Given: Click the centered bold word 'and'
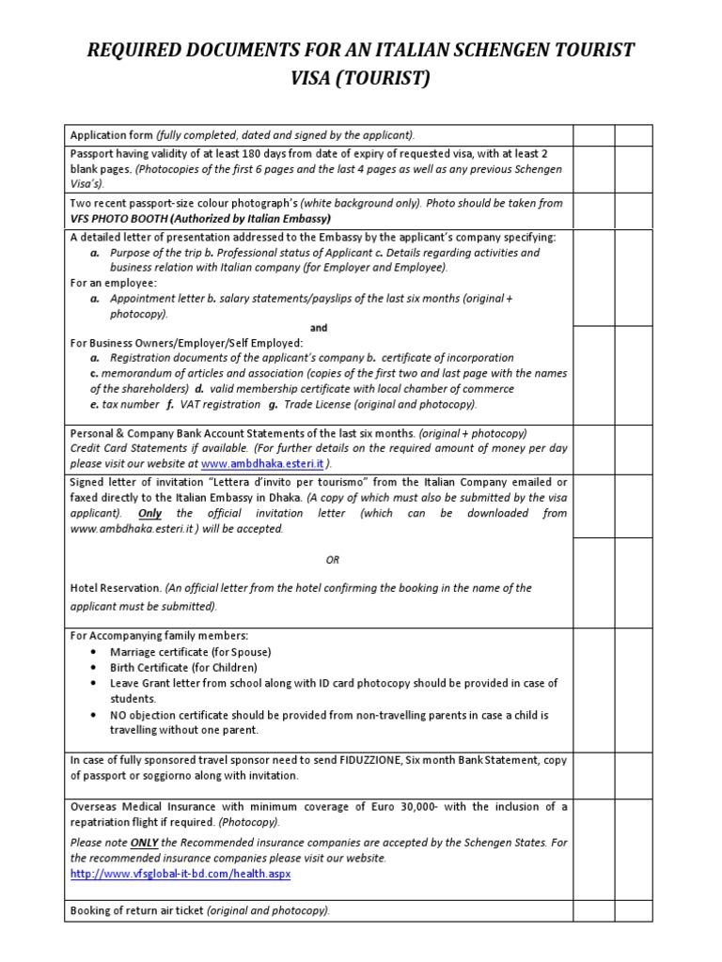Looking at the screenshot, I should (319, 328).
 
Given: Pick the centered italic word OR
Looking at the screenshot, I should (333, 560).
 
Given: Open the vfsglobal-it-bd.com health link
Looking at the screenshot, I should (180, 874).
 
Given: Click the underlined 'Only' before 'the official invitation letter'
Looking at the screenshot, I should (149, 513).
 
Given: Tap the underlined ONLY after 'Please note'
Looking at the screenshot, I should (144, 843).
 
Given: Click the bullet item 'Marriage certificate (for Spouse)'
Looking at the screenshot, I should (190, 652).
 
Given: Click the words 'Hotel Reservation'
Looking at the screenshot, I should (116, 588).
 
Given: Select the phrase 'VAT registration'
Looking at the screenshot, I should (219, 404).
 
